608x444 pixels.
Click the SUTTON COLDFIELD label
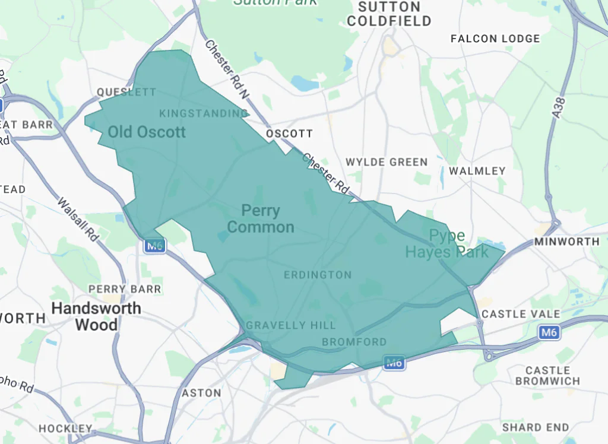click(x=389, y=14)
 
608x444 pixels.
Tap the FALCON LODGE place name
click(x=495, y=39)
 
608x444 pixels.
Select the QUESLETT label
click(x=126, y=92)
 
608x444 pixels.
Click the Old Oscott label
click(x=147, y=132)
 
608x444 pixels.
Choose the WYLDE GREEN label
click(x=387, y=162)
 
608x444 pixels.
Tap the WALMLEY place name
click(x=477, y=171)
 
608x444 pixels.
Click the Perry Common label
click(x=261, y=218)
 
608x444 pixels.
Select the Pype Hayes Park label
click(x=447, y=244)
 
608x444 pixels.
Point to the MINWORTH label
click(x=566, y=242)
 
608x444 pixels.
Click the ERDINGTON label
click(x=318, y=275)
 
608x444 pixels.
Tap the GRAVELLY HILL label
click(x=290, y=325)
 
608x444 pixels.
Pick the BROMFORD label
click(x=354, y=342)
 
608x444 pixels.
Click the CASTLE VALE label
click(x=521, y=313)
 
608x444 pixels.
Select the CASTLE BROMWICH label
click(x=547, y=376)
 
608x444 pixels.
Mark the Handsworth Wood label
click(x=96, y=316)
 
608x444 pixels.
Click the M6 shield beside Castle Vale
click(x=550, y=333)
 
